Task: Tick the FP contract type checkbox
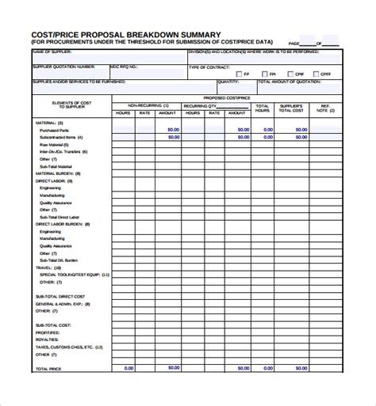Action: pyautogui.click(x=237, y=74)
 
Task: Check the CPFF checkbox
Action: pyautogui.click(x=317, y=74)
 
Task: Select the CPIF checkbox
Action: pyautogui.click(x=290, y=74)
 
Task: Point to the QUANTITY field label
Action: pyautogui.click(x=228, y=82)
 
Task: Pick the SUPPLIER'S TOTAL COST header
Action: pyautogui.click(x=291, y=108)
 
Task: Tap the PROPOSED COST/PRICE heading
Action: pyautogui.click(x=227, y=98)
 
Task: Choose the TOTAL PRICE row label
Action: pyautogui.click(x=48, y=347)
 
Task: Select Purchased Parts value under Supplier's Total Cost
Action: pyautogui.click(x=291, y=129)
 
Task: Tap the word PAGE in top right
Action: pyautogui.click(x=294, y=44)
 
